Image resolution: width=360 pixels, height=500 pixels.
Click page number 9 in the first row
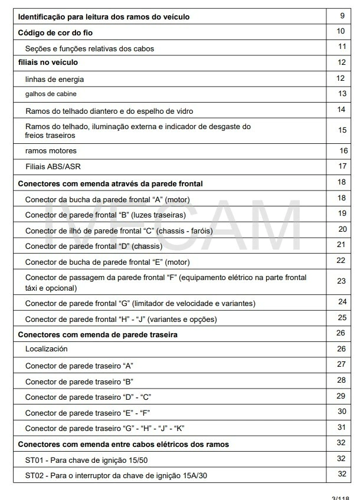[342, 15]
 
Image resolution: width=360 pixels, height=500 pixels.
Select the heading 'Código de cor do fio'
[55, 32]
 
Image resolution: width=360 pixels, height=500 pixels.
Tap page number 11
[342, 47]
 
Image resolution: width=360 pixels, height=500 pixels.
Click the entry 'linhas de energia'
[54, 79]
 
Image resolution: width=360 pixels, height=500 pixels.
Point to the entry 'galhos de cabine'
[51, 94]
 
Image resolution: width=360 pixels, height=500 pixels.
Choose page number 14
[341, 109]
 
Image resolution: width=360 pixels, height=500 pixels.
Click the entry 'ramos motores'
[51, 151]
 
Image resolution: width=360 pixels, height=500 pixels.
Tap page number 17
[342, 166]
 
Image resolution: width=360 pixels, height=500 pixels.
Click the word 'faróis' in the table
[201, 230]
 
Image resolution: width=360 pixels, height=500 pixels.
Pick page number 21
[341, 244]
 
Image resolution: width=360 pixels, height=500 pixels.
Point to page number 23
[341, 281]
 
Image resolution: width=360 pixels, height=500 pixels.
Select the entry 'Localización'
[47, 349]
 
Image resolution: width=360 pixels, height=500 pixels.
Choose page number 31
[341, 427]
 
